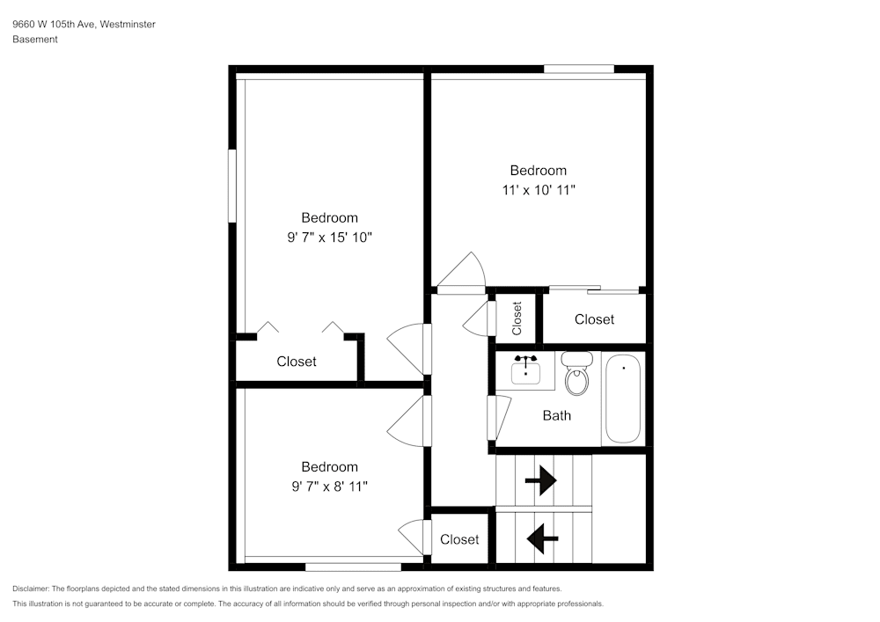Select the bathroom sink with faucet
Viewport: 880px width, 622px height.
coord(526,369)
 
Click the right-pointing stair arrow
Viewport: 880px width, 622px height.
coord(540,480)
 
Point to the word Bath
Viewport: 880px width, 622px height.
coord(556,415)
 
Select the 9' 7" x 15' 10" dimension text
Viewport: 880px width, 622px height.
coord(329,237)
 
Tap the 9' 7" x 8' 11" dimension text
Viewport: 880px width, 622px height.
coord(329,486)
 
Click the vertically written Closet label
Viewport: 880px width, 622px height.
coord(517,318)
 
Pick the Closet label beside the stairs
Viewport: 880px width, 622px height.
coord(459,539)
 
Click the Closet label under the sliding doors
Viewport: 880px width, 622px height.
coord(594,319)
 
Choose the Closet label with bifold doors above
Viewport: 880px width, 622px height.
coord(297,362)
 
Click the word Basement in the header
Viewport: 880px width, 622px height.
coord(35,40)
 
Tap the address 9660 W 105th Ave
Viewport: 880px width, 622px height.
coord(53,25)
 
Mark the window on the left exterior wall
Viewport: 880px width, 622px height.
coord(232,186)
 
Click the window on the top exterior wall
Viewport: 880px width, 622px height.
coord(578,69)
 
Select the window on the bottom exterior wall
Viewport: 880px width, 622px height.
coord(352,567)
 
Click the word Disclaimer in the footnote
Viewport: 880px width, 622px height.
coord(31,589)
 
